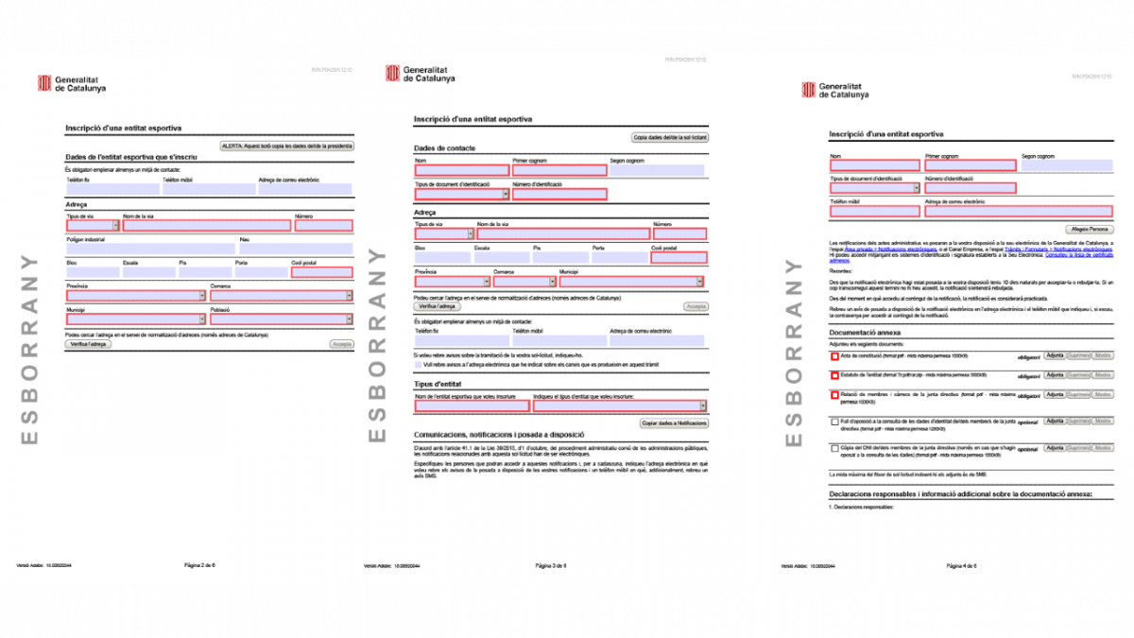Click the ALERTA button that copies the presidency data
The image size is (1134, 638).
coord(286,146)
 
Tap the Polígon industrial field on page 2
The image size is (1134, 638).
coord(150,250)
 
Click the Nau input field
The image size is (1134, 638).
coord(295,250)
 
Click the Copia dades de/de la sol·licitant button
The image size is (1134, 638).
coord(670,137)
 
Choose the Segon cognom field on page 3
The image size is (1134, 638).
coord(658,171)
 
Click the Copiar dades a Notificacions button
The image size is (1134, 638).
coord(674,422)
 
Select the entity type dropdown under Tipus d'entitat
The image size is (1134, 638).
coord(620,406)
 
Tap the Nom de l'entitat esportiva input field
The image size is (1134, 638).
coord(472,406)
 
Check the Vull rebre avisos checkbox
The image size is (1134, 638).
coord(419,363)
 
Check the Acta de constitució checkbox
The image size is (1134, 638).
coord(833,357)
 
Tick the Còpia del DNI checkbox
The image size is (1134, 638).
coord(833,448)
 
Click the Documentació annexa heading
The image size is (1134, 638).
coord(865,333)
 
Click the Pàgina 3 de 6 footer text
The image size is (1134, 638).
coord(551,565)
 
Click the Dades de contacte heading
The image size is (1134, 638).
coord(445,148)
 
